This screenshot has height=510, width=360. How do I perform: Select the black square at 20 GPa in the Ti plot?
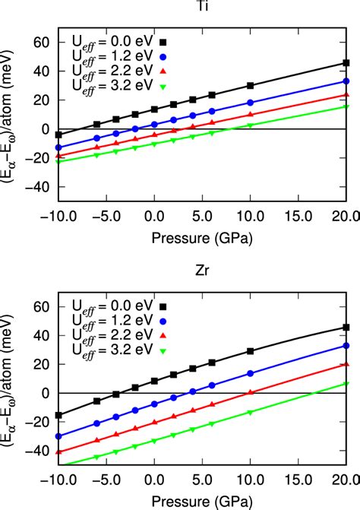tap(346, 63)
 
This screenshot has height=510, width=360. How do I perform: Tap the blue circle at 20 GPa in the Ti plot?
tap(346, 81)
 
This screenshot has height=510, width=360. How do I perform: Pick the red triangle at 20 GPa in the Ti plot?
tap(346, 95)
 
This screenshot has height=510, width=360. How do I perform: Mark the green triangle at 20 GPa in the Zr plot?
tap(346, 384)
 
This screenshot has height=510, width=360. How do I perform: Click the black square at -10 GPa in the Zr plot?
tap(59, 415)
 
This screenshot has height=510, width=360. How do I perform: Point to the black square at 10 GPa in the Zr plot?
tap(251, 351)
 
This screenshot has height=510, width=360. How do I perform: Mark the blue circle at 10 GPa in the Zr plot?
tap(251, 373)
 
